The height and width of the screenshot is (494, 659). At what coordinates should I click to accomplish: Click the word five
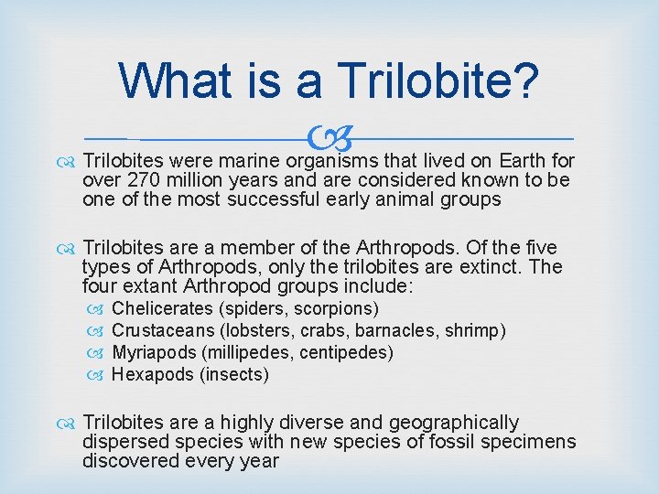[x=535, y=249]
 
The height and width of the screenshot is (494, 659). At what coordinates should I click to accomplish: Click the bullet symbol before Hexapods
[x=101, y=374]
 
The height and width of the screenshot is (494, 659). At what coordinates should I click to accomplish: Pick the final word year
[x=258, y=461]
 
